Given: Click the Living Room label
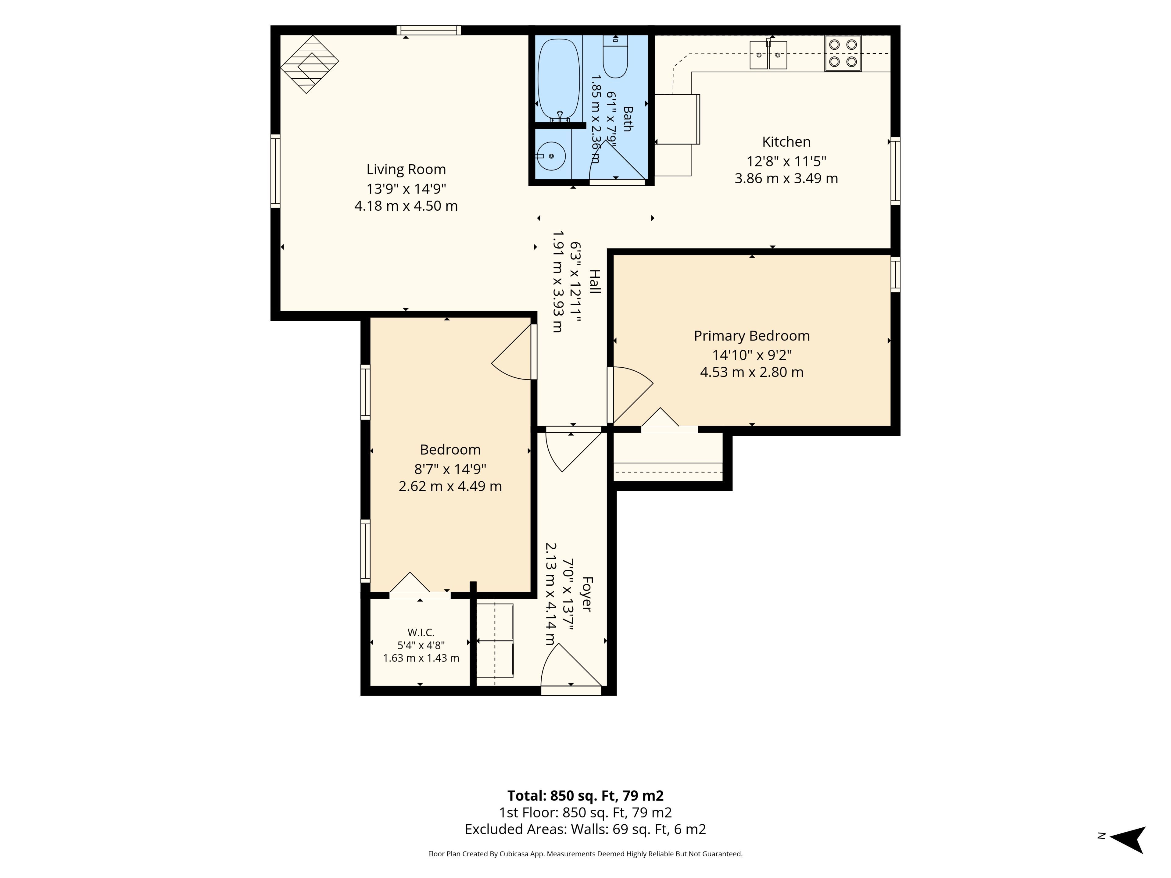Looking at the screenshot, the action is click(406, 170).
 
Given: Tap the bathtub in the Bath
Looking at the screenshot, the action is click(558, 78).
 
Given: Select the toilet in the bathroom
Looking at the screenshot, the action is click(615, 56).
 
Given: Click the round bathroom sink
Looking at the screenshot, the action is click(550, 156).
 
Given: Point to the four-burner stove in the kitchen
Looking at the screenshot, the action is click(843, 53).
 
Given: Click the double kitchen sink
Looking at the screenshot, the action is click(768, 55).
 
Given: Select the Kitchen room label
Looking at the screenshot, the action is click(786, 142).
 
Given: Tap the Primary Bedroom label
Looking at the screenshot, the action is click(752, 336).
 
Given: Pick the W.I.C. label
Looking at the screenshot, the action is click(421, 633).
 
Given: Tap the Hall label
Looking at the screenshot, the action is click(595, 282).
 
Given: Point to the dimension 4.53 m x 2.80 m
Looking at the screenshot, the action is click(752, 372).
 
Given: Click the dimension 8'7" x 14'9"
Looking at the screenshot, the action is click(450, 469).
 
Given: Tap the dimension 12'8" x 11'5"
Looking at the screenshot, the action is click(786, 161).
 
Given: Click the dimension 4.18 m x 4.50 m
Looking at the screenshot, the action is click(406, 206).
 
